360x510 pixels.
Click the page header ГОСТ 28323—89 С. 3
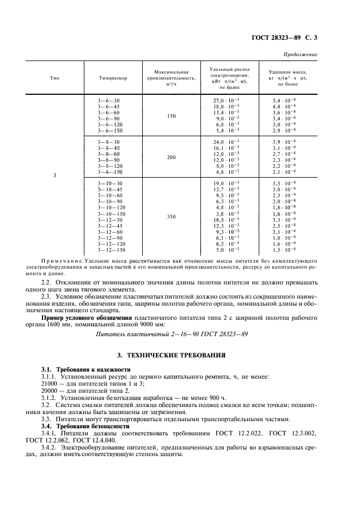[x=284, y=38]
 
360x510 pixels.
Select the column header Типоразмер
[x=113, y=78]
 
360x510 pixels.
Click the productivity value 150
[x=171, y=116]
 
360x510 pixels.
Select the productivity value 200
[x=171, y=157]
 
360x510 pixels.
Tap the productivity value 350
[x=171, y=216]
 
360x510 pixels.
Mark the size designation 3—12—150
[x=112, y=250]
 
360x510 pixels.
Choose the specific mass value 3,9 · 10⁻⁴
[x=284, y=142]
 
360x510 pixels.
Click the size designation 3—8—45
[x=109, y=148]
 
